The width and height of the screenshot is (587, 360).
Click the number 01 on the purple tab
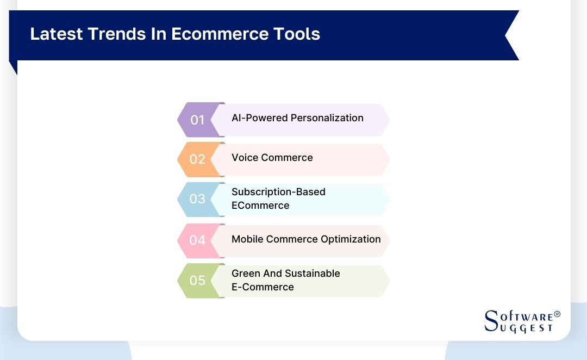pos(197,120)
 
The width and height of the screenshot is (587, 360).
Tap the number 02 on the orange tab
pos(197,159)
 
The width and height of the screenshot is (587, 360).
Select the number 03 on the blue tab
pos(197,199)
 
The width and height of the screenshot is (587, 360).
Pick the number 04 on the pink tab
pos(197,240)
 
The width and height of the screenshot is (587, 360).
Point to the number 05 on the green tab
pos(197,281)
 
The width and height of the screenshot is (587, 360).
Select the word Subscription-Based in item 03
pos(278,192)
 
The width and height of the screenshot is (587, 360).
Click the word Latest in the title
pos(53,34)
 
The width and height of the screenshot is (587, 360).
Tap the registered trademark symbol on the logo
pos(557,315)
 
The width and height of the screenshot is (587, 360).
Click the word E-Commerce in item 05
pos(263,287)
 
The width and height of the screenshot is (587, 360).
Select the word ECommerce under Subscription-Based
pos(260,206)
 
